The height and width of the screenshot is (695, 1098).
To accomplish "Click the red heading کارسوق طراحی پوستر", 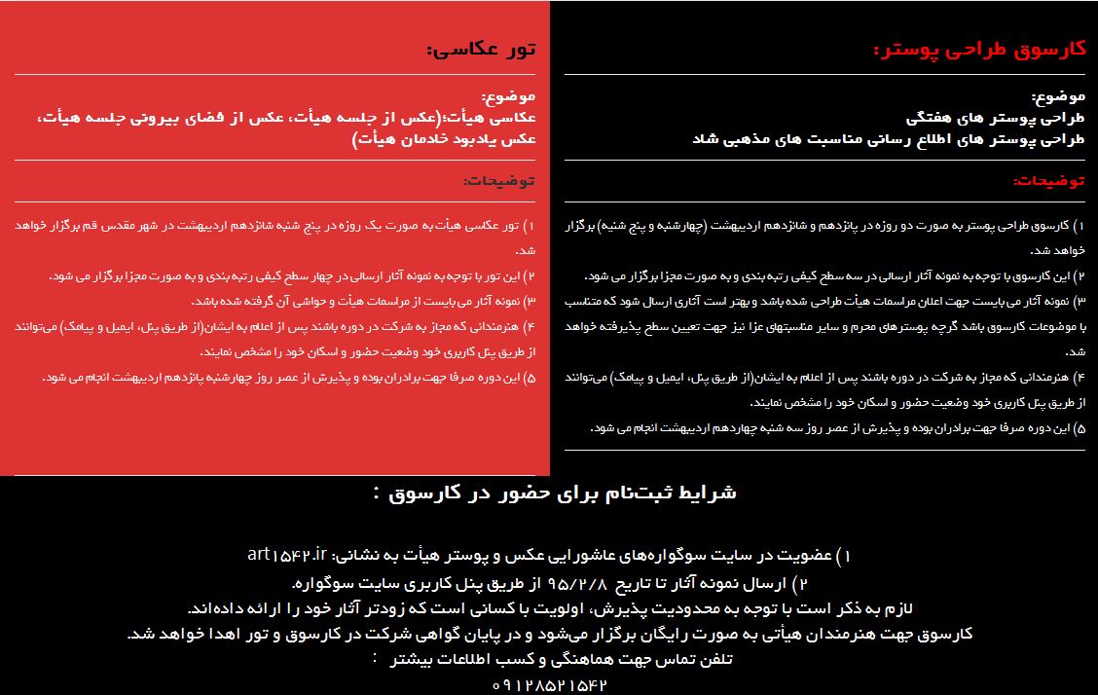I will click(x=978, y=50).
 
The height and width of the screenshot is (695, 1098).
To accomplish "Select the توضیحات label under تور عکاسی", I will click(x=499, y=181).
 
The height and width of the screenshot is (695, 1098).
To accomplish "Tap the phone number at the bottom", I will click(x=550, y=685).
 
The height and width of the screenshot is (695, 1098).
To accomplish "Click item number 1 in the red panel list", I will click(x=530, y=226).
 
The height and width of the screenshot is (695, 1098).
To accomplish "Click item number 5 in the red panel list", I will click(x=530, y=377).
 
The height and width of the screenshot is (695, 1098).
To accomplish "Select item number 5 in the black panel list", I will click(x=1079, y=427).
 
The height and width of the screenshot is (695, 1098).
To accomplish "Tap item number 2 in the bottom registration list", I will click(x=801, y=584).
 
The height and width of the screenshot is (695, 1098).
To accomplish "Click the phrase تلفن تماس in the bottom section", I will click(x=708, y=660).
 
